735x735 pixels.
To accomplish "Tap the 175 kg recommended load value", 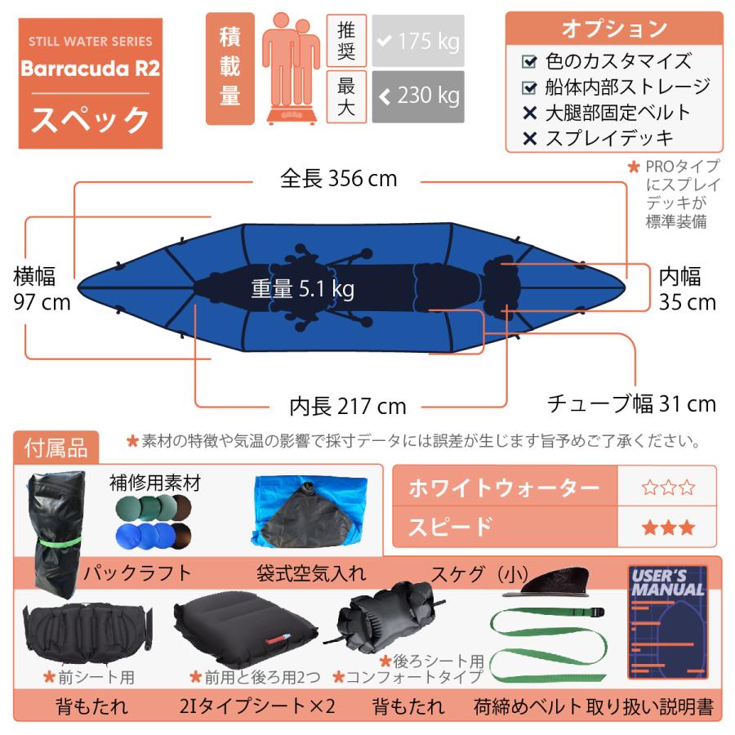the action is point(417,41).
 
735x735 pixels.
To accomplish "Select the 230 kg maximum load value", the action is point(417,96).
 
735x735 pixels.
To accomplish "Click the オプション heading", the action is point(614,29).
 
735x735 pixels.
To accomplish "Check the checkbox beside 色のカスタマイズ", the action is point(530,61).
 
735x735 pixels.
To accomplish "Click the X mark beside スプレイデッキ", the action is point(530,138).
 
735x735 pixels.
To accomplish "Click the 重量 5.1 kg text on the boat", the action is point(302,289).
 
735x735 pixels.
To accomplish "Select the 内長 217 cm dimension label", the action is point(348,406).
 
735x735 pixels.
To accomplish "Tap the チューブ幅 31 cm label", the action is point(630,403).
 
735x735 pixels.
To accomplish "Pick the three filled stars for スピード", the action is point(667,527).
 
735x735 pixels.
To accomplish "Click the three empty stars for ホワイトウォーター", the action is point(667,488).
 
